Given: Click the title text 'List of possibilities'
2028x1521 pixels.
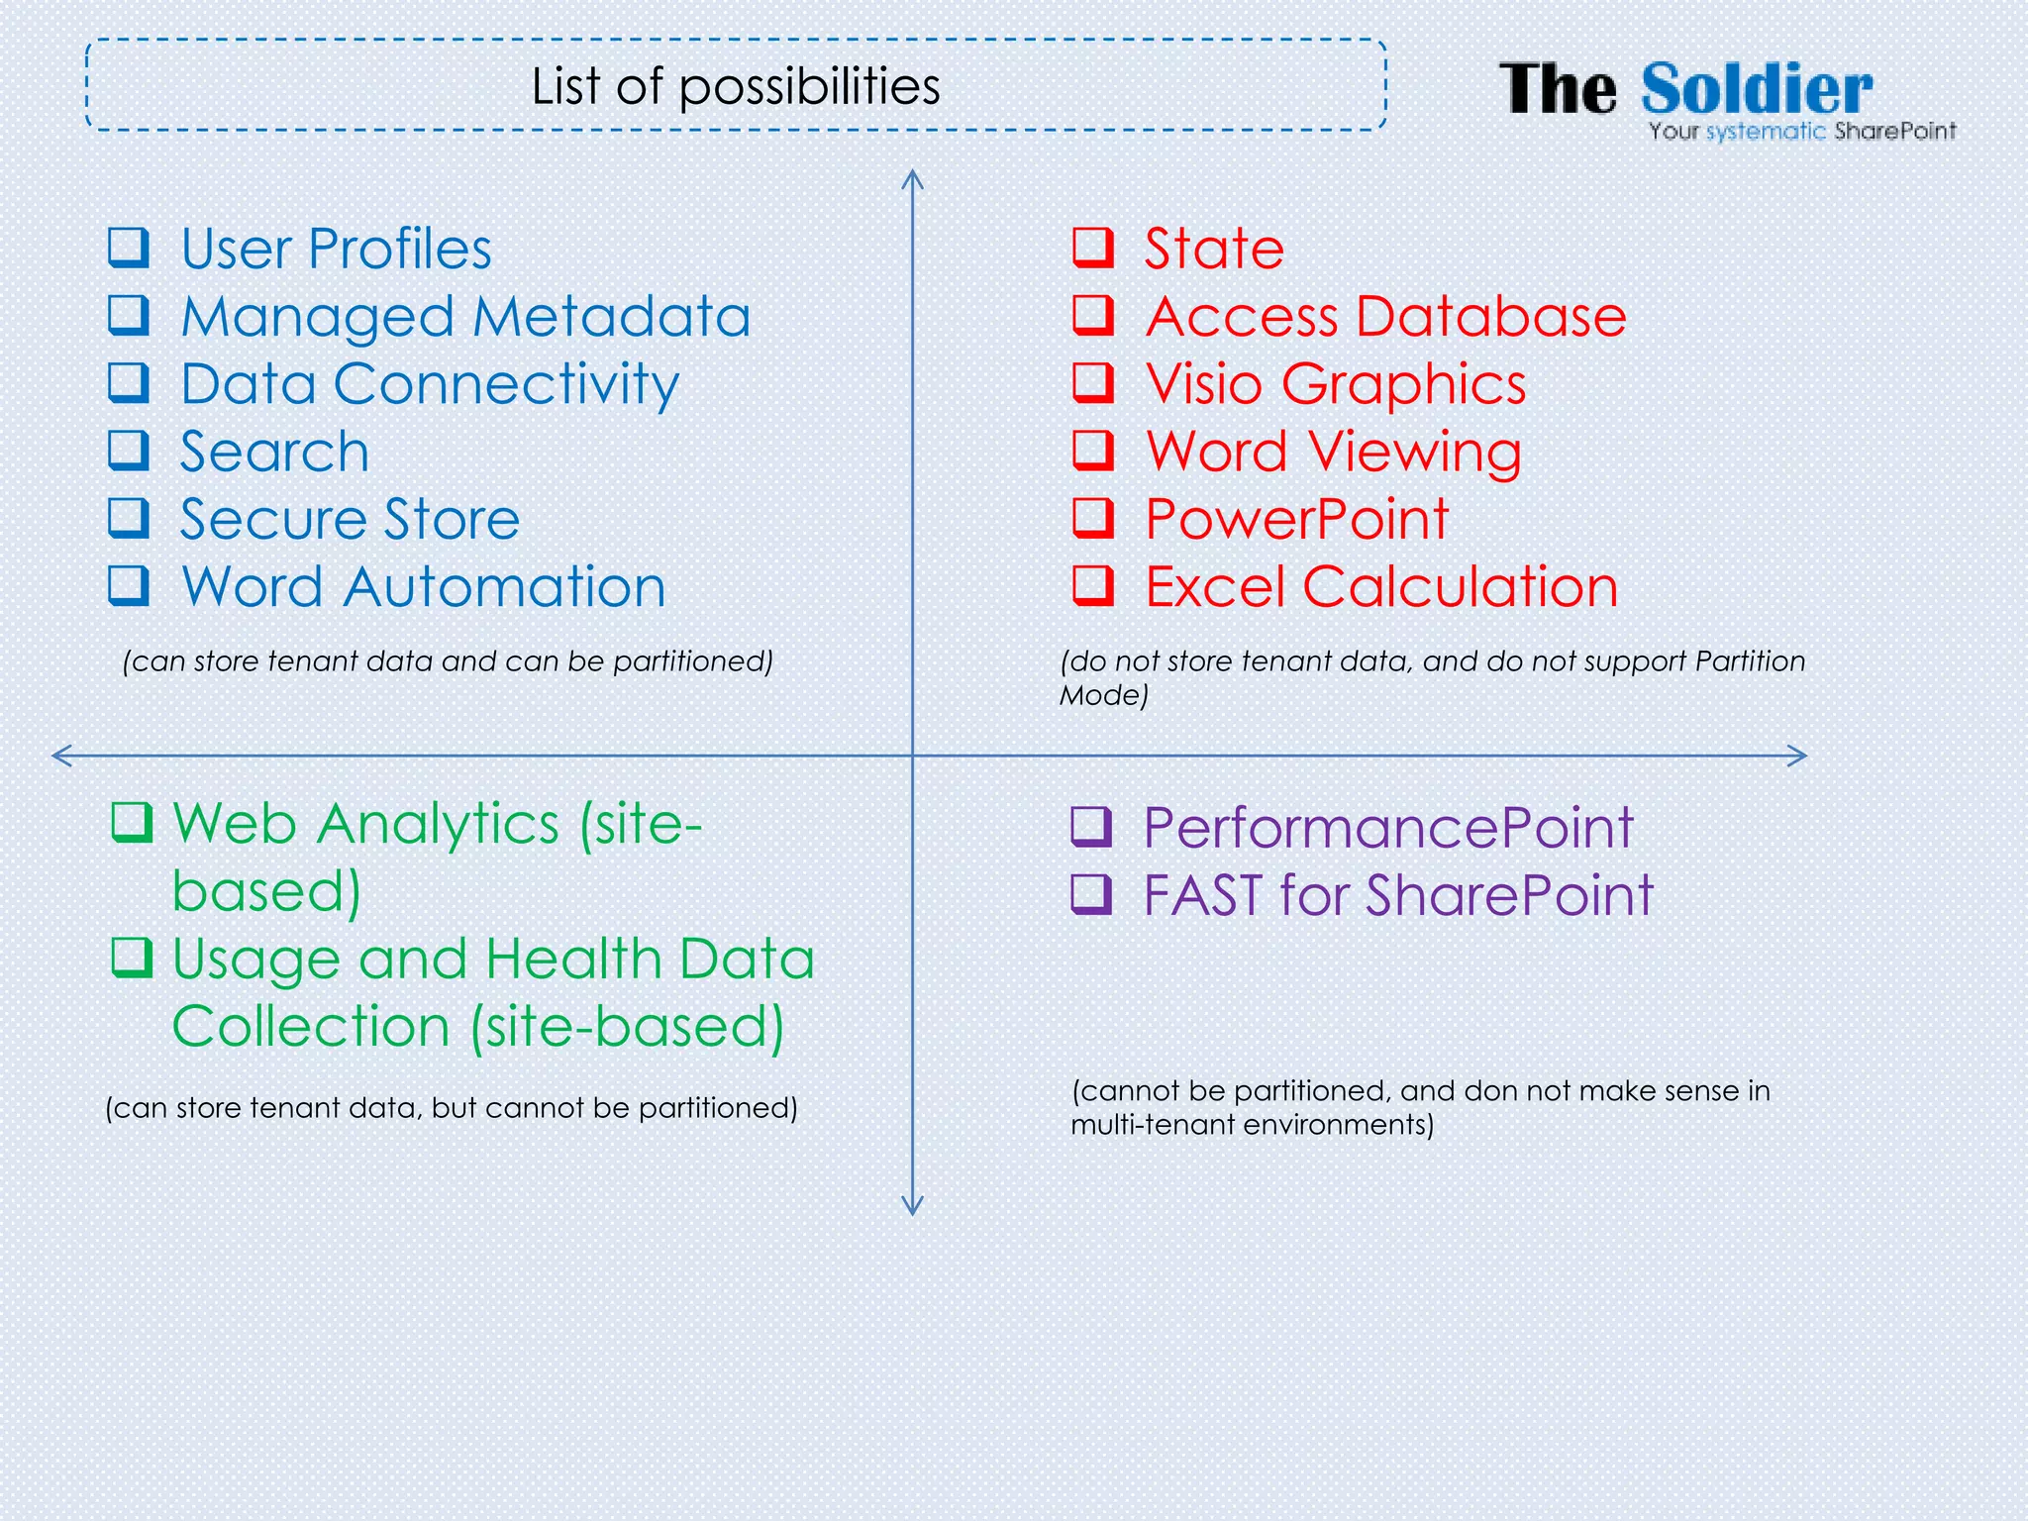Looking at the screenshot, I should (x=735, y=86).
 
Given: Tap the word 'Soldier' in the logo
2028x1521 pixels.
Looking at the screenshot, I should (x=1757, y=89).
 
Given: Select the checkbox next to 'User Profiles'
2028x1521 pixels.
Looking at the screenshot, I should (x=129, y=248).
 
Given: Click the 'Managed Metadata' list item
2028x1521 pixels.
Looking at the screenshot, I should (x=465, y=317).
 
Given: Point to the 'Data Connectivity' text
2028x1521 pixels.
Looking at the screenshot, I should (x=430, y=384).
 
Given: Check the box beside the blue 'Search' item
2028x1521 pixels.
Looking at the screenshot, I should (x=129, y=451).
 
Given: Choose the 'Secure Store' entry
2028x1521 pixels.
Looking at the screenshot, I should (x=350, y=519).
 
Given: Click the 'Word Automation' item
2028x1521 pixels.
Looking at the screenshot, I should (x=424, y=586).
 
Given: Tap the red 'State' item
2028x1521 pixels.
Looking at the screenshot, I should (x=1214, y=248).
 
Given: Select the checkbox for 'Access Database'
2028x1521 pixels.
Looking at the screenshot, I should (x=1093, y=315).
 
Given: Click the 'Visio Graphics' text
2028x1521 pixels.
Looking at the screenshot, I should (x=1336, y=384).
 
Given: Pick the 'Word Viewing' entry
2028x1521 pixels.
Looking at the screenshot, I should (x=1334, y=452).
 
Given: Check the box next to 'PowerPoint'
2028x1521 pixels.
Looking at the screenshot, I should (x=1093, y=518).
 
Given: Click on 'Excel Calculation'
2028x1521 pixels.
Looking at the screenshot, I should (x=1381, y=586).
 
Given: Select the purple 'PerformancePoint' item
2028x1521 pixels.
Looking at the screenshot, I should (x=1388, y=827).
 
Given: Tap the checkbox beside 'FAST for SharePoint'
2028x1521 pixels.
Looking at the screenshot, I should (x=1091, y=893).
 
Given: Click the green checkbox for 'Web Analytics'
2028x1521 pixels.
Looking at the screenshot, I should (x=132, y=822).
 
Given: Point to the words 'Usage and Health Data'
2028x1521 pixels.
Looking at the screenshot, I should (x=493, y=959).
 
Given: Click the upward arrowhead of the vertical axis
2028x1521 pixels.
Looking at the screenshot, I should (x=912, y=178).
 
